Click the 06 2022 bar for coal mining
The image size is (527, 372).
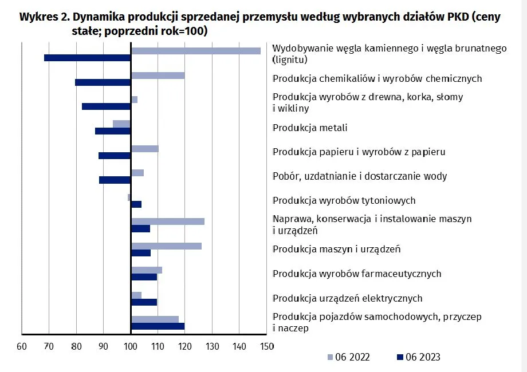tap(195, 50)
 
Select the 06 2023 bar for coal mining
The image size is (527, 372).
tap(87, 58)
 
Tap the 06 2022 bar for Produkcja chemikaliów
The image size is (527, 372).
tap(158, 75)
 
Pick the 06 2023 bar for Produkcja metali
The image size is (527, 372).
tap(113, 131)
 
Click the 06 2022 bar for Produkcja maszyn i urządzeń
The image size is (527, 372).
tap(166, 246)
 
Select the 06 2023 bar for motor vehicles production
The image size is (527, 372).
tap(158, 326)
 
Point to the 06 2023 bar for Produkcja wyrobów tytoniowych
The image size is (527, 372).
tap(136, 204)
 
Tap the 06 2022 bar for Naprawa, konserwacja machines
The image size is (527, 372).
tap(167, 221)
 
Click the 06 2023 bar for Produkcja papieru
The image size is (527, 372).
tap(115, 156)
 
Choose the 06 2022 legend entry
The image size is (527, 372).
tap(348, 357)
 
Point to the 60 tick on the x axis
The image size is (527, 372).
tap(22, 346)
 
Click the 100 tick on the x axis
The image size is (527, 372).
tap(131, 346)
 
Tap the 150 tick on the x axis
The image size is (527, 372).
tap(266, 346)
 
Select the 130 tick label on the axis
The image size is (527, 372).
tap(212, 346)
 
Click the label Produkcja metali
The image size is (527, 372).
tap(310, 128)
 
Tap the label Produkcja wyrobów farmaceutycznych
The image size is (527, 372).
tap(356, 274)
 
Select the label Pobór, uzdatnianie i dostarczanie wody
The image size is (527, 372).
tap(359, 176)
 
